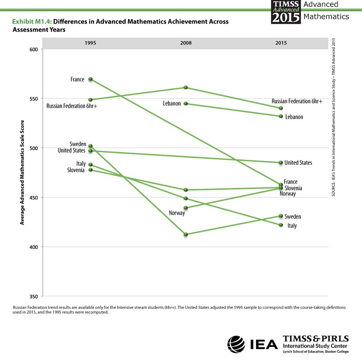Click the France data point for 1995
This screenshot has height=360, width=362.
90,79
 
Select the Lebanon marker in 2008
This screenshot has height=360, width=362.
186,104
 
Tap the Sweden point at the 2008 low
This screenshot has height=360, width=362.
186,234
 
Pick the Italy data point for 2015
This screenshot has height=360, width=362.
281,225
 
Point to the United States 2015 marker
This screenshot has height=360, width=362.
281,163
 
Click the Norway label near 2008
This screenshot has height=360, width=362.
177,213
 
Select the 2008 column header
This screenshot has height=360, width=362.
186,43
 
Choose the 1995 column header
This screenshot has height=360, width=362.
90,43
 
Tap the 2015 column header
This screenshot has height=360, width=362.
281,43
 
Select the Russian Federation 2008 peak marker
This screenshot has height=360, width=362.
186,87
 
